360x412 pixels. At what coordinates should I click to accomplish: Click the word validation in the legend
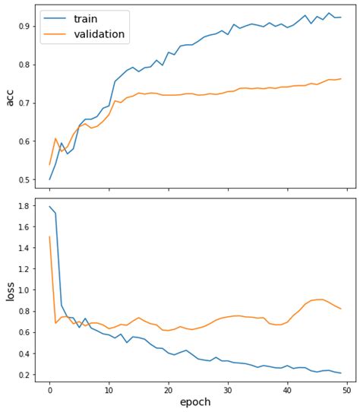[x=105, y=34]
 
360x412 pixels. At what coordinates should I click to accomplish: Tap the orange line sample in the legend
[x=55, y=35]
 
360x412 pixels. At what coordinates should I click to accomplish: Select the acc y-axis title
[x=9, y=97]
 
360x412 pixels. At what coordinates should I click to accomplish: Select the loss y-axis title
[x=9, y=290]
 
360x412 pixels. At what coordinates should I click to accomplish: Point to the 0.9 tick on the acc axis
[x=26, y=27]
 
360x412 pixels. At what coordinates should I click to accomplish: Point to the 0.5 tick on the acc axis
[x=26, y=180]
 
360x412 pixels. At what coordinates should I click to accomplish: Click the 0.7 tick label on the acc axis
[x=26, y=103]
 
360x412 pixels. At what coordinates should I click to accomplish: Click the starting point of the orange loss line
[x=49, y=236]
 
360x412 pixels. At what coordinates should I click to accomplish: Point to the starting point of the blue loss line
[x=49, y=207]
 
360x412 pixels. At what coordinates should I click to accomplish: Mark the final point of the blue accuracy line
[x=341, y=17]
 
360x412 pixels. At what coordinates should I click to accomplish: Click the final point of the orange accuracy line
[x=341, y=79]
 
